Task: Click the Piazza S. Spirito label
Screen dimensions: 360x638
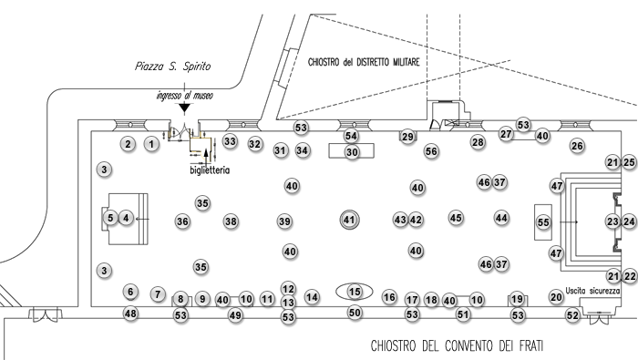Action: pos(172,67)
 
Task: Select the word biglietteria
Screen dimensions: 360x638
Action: pos(210,170)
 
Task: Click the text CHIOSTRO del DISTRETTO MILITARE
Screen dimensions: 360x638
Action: pos(363,61)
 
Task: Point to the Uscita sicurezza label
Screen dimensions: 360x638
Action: pos(592,291)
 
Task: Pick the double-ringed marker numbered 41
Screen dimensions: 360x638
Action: pos(348,220)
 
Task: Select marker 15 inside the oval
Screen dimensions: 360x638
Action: pos(355,292)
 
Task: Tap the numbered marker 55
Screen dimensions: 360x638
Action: pos(543,222)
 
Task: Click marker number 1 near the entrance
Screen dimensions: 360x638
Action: pos(152,143)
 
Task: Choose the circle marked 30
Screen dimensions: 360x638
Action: pos(352,152)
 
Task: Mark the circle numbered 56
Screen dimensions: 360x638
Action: pos(431,150)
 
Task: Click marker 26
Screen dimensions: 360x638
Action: pos(576,145)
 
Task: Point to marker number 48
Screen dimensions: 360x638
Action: pos(130,314)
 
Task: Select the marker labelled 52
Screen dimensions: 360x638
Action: pos(572,315)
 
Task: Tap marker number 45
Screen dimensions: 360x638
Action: pos(456,218)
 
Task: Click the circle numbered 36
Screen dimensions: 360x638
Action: pos(182,221)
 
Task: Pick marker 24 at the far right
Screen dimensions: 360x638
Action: pos(629,221)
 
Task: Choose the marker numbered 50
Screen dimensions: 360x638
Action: pos(355,314)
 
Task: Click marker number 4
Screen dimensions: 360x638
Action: pos(127,218)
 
